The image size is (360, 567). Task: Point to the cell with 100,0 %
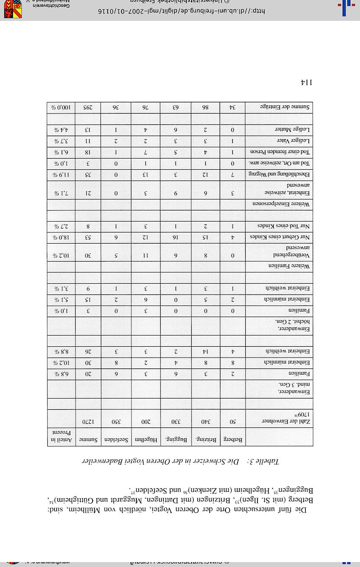coord(61,108)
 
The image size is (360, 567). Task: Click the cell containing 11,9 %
coord(61,174)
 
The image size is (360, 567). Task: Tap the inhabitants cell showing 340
coord(205,422)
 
